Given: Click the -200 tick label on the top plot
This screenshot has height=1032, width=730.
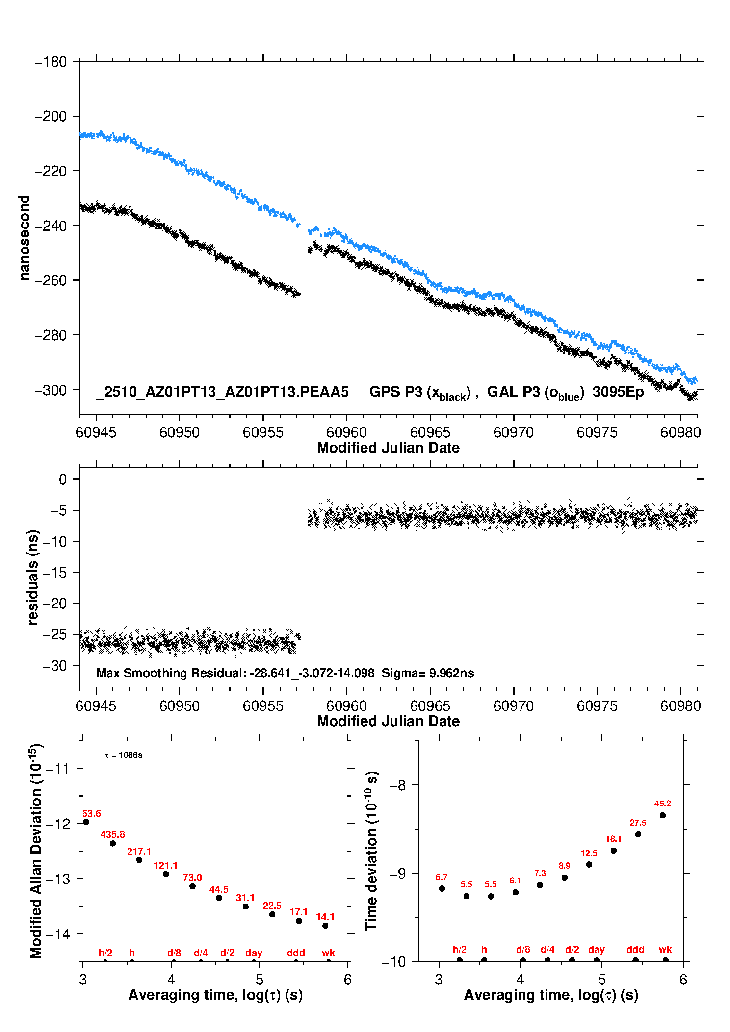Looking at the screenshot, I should (51, 117).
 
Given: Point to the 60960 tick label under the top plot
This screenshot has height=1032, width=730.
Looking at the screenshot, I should (346, 432).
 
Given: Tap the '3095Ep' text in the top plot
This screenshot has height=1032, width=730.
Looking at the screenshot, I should (618, 392).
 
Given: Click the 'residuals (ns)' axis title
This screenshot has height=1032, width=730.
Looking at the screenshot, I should (33, 577).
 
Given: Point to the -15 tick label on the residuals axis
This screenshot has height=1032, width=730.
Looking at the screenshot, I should (55, 573).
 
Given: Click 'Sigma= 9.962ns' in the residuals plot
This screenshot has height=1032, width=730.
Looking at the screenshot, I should (428, 673).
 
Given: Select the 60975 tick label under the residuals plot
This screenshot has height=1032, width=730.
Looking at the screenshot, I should (597, 706).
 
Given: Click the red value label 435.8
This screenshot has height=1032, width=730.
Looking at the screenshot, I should (113, 834).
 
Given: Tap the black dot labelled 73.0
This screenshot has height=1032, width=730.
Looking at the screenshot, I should (192, 886).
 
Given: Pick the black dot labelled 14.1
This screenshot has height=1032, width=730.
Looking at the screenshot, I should (325, 926).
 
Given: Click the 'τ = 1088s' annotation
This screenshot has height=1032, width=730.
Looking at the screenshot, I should (124, 755).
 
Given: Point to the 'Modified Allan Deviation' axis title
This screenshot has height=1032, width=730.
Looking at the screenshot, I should (36, 851).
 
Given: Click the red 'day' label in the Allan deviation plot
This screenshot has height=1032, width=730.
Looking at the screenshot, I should (254, 953).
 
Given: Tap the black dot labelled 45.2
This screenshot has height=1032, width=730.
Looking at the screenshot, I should (663, 815).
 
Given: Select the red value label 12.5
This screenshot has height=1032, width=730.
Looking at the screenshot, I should (589, 853).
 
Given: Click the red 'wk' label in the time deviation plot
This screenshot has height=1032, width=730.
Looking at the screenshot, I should (665, 949).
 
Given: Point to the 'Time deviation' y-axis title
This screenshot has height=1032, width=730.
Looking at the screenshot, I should (372, 851).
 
